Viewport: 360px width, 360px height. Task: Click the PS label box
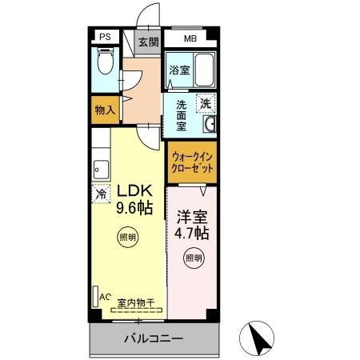[106, 38]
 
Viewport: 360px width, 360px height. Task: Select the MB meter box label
[191, 38]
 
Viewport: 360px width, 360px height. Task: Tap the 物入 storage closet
[106, 110]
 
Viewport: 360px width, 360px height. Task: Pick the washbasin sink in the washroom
[210, 124]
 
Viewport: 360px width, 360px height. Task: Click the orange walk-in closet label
[192, 164]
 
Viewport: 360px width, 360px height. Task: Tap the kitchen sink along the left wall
[100, 169]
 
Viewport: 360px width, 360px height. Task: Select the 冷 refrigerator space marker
[101, 194]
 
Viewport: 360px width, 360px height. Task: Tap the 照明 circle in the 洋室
[193, 258]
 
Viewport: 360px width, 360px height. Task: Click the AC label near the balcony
[103, 296]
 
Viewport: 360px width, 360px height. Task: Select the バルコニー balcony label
[153, 338]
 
